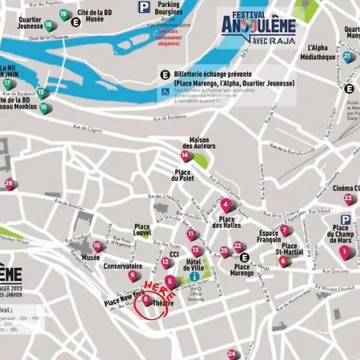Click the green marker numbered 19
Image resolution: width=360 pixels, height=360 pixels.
click(x=50, y=25)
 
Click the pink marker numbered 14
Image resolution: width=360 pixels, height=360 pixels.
click(x=184, y=154)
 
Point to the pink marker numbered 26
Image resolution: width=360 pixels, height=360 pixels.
click(x=9, y=184)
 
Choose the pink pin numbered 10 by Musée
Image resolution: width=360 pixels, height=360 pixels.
click(x=97, y=246)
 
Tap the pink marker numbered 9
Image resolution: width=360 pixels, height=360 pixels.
click(x=132, y=275)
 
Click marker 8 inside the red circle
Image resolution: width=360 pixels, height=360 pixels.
click(x=146, y=299)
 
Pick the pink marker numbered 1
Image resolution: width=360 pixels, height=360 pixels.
click(x=344, y=251)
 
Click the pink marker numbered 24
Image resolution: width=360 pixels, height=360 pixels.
click(x=231, y=353)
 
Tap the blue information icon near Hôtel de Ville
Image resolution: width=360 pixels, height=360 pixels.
click(x=194, y=276)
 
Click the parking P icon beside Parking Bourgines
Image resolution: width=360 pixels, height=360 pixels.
click(x=143, y=7)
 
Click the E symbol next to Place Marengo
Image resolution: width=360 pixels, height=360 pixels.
click(x=245, y=258)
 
